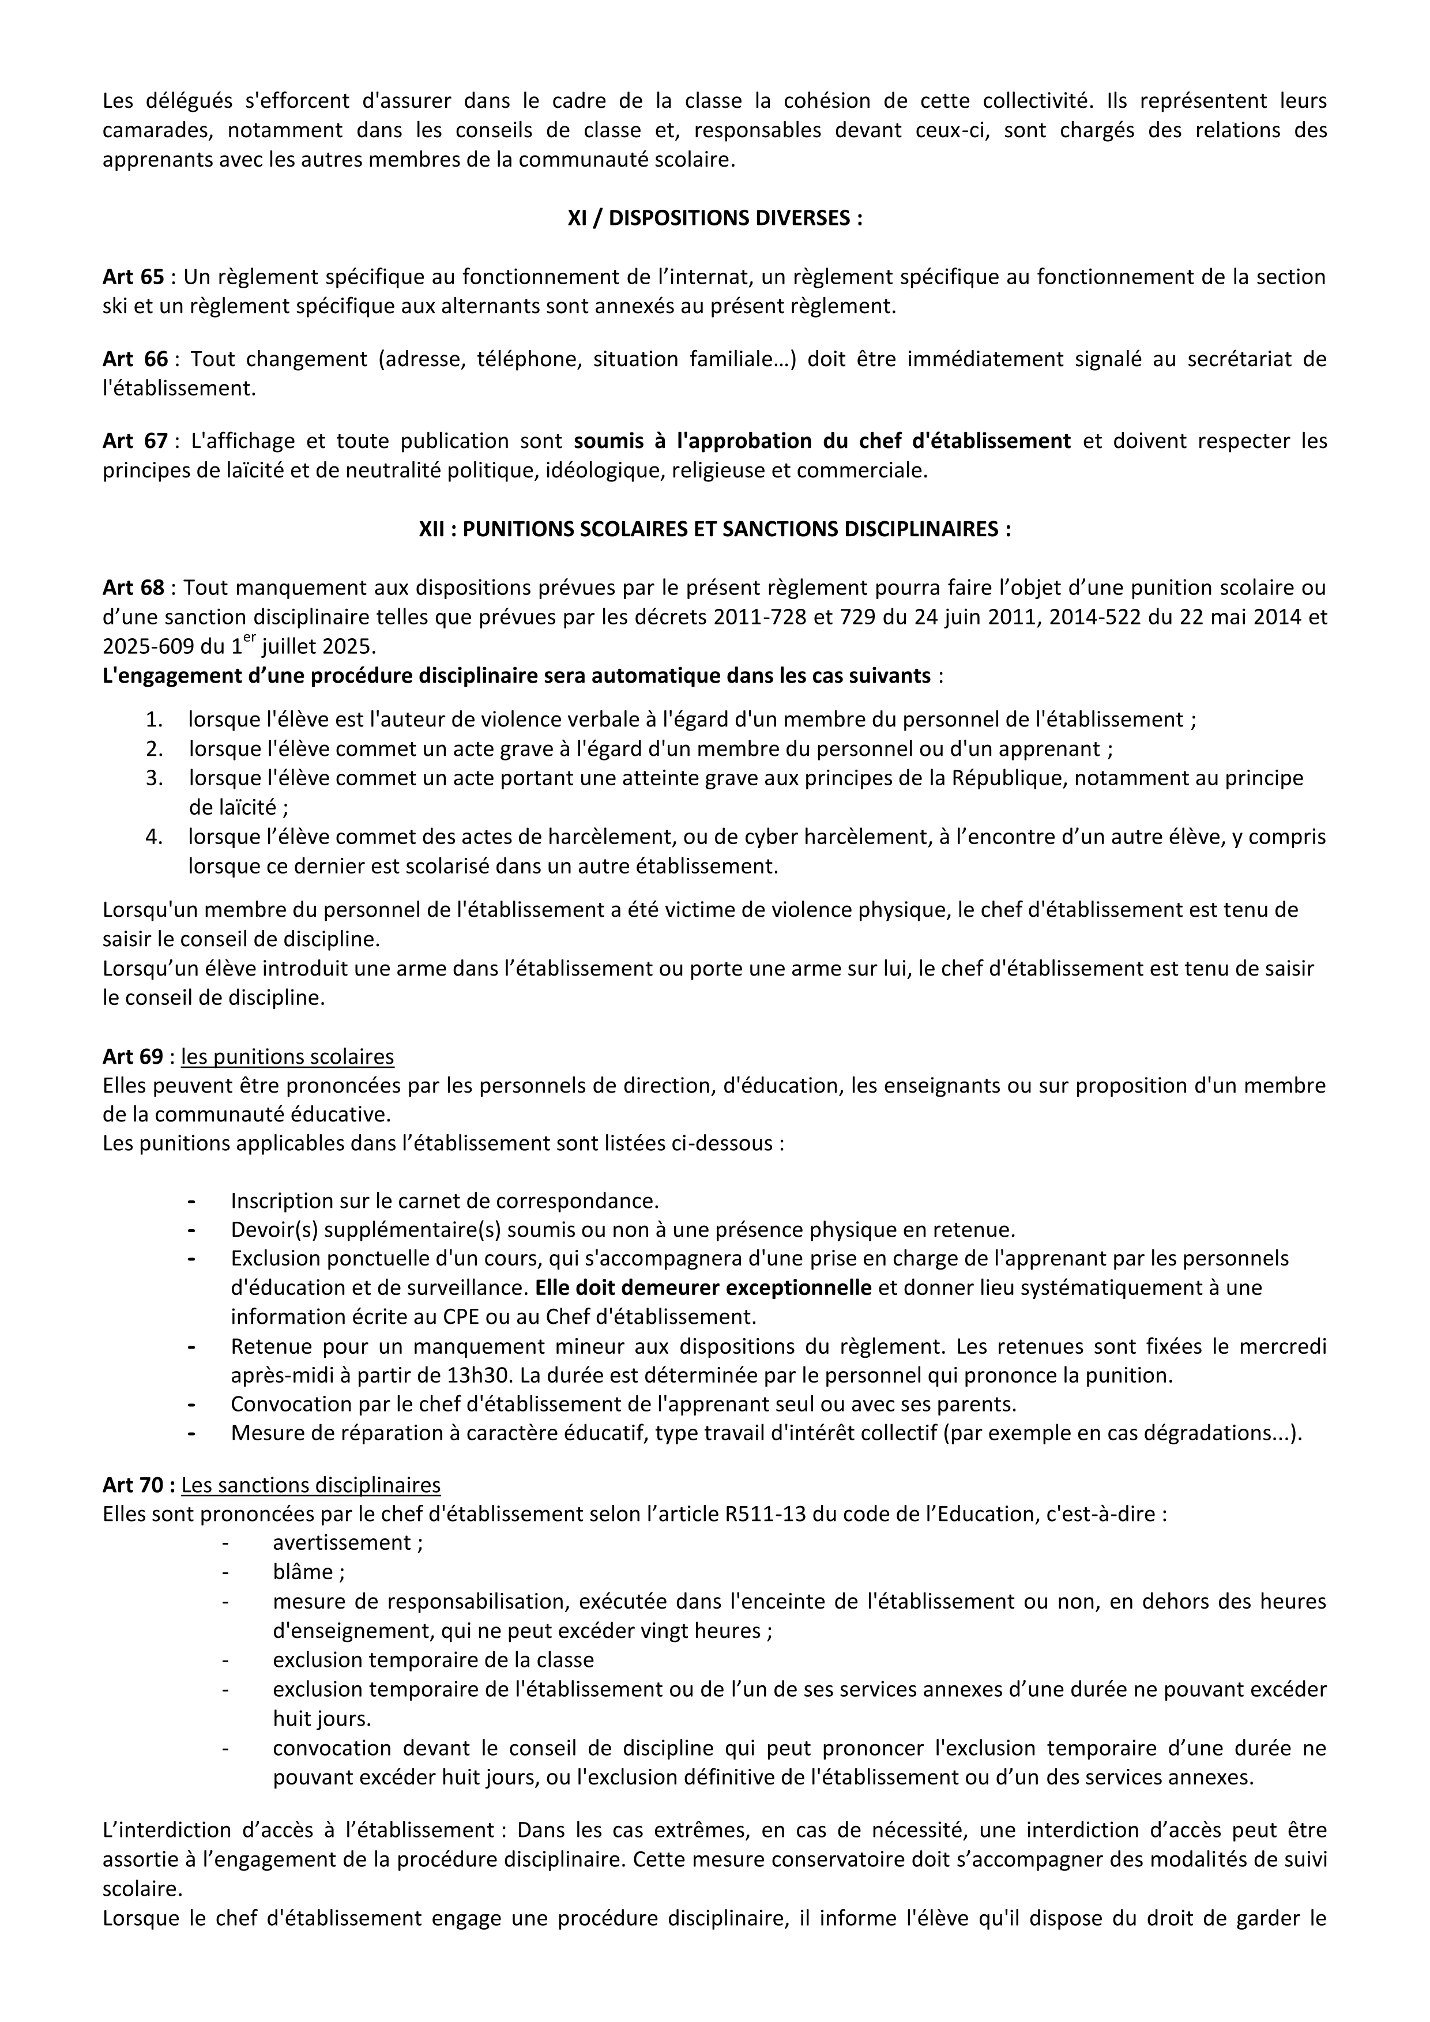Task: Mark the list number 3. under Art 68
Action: [x=155, y=778]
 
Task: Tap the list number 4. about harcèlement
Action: [x=155, y=837]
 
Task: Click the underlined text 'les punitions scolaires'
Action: [x=287, y=1057]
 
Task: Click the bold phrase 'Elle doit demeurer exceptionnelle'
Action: [x=703, y=1287]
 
